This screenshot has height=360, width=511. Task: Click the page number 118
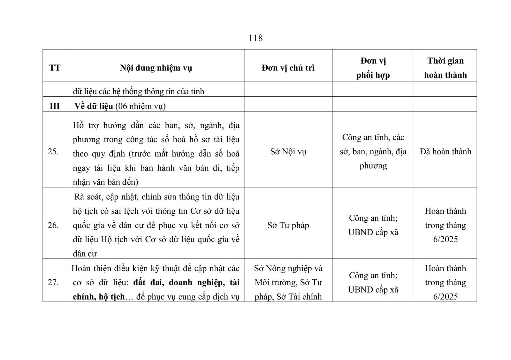click(x=256, y=38)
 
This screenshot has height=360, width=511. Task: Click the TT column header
click(x=55, y=68)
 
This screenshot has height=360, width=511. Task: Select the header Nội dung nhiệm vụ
click(x=156, y=68)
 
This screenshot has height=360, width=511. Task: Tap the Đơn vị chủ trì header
click(x=288, y=68)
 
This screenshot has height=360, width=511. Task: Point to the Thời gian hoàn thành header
click(x=445, y=68)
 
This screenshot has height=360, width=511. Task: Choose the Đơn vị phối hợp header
click(x=373, y=68)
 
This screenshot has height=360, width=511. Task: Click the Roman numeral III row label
click(x=55, y=106)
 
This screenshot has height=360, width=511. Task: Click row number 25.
click(x=53, y=151)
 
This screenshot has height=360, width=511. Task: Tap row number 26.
click(x=53, y=226)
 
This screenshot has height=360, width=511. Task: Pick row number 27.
click(x=53, y=282)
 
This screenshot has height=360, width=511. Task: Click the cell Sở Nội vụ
click(x=288, y=151)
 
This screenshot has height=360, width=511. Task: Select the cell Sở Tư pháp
click(x=288, y=226)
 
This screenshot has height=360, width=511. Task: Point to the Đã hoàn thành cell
click(x=445, y=151)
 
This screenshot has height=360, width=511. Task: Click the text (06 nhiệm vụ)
click(x=141, y=106)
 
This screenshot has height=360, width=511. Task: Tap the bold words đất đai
click(x=148, y=283)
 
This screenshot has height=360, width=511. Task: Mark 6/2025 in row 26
click(x=445, y=240)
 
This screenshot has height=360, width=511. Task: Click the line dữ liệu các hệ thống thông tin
click(x=138, y=92)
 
